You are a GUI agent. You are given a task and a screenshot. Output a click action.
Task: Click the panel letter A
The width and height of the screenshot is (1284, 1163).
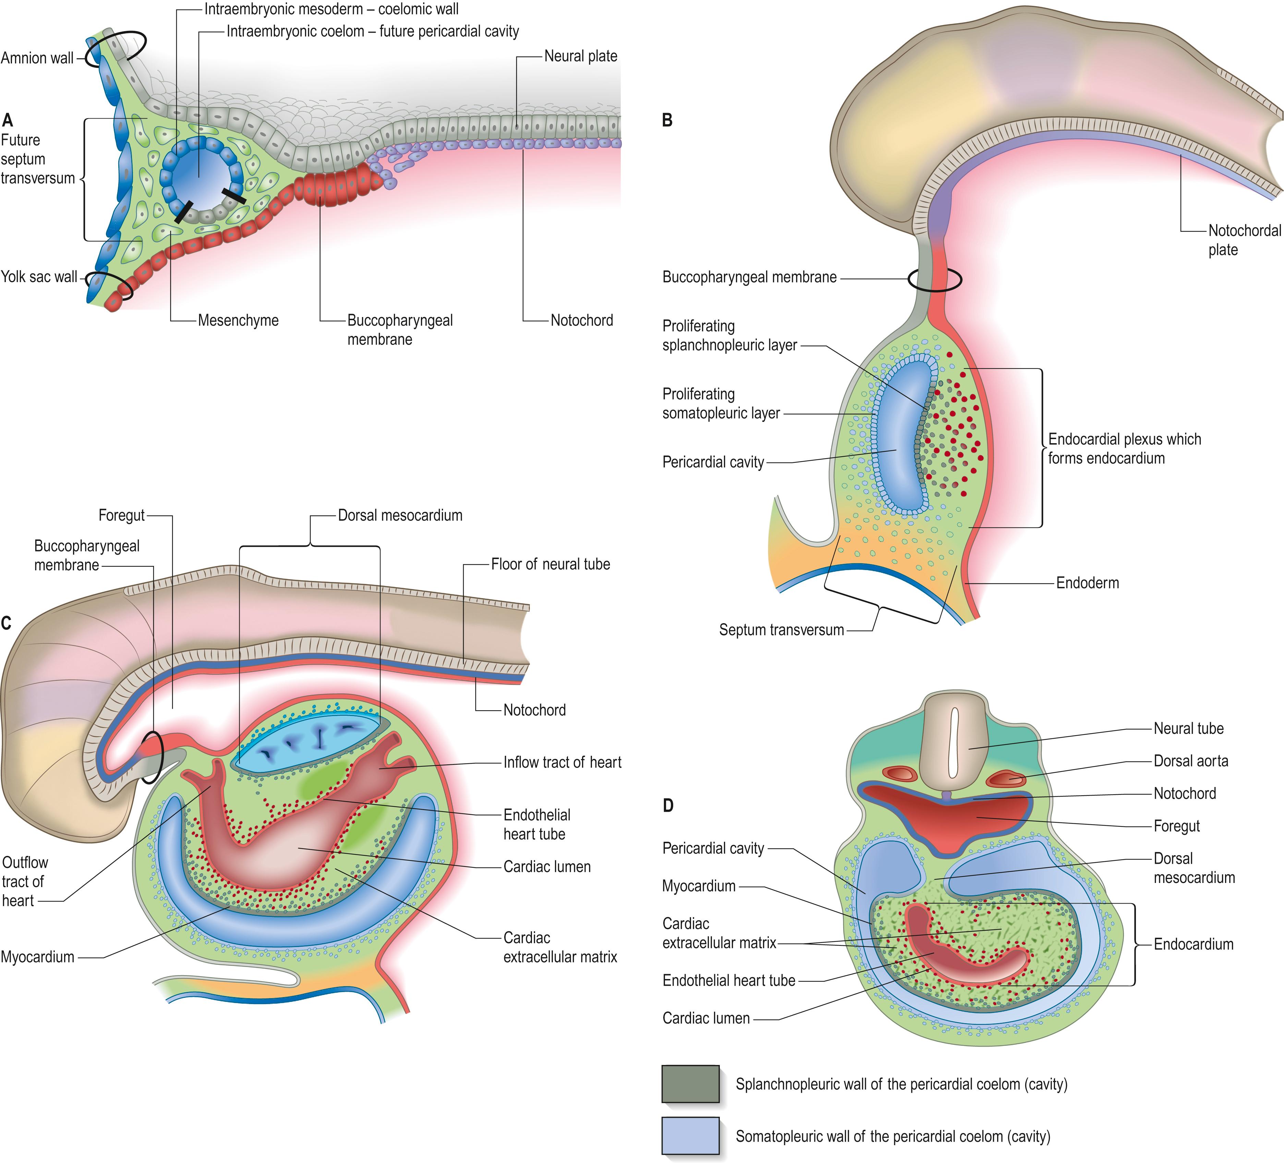[8, 120]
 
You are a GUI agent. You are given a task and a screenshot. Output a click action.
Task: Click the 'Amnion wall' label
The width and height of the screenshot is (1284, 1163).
[37, 59]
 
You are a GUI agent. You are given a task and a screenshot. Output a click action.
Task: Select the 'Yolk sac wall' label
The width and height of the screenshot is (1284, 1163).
[39, 277]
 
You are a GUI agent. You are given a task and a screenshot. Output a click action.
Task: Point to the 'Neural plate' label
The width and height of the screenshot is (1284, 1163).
[580, 57]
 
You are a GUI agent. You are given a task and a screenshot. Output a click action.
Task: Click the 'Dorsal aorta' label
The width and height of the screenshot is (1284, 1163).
[1190, 761]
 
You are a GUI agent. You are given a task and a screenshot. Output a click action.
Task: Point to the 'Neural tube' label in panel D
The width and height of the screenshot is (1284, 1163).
[1188, 729]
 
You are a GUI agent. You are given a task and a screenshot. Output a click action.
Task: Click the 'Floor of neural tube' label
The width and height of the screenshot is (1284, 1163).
[550, 564]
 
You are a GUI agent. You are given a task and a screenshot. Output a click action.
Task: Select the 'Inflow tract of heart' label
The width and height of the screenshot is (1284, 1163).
[562, 762]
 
